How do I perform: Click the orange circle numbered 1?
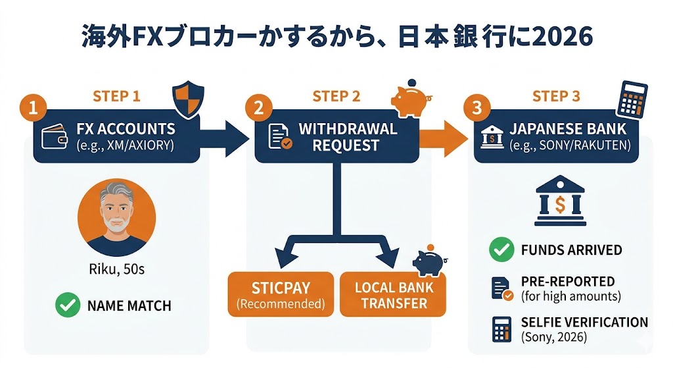coord(30,107)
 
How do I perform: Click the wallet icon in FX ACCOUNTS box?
coord(55,138)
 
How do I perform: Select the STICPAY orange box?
coord(279,294)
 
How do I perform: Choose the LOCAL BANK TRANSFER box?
coord(392,295)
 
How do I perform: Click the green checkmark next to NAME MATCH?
coord(66,305)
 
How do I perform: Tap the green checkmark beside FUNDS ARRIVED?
coord(501,250)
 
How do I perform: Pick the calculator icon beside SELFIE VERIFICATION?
coord(501,329)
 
